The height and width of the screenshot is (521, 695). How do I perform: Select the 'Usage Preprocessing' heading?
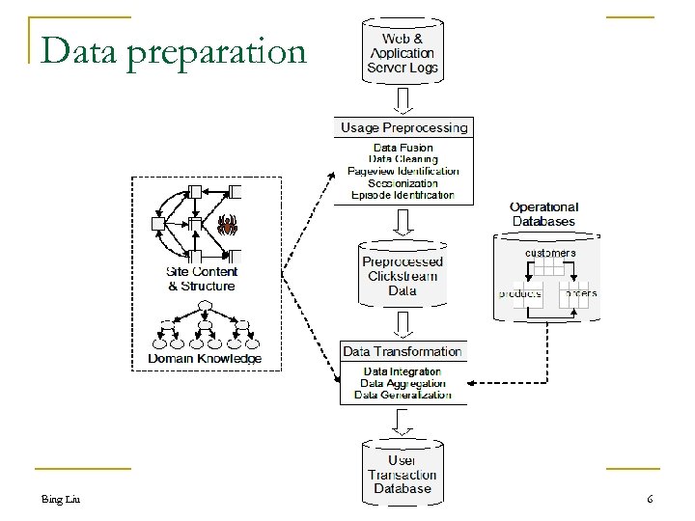tap(403, 127)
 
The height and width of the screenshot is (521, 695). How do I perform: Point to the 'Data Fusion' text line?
tap(403, 147)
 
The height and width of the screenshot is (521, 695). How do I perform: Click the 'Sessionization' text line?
tap(403, 182)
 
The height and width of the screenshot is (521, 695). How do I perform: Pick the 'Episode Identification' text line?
tap(403, 194)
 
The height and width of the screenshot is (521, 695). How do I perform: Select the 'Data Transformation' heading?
tap(403, 352)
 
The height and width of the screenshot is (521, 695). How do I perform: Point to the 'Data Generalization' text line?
tap(403, 395)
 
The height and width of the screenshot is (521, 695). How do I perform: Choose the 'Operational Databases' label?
tap(543, 213)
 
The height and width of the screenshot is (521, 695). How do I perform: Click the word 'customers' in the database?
tap(549, 253)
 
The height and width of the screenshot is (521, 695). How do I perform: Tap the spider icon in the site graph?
tap(228, 226)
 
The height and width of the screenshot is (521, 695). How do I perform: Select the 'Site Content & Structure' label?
tap(201, 279)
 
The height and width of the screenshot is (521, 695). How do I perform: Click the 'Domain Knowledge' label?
tap(204, 358)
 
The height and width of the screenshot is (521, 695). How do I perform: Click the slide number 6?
tap(650, 499)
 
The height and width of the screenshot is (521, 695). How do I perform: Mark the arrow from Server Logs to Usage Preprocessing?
tap(403, 98)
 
